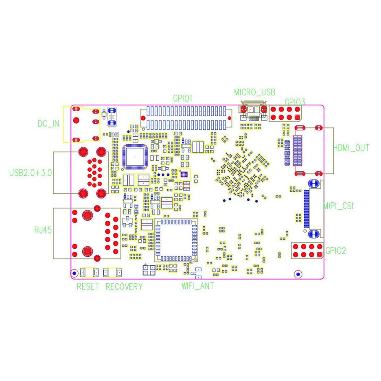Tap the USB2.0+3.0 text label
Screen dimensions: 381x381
click(31, 173)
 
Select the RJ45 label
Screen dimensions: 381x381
click(43, 231)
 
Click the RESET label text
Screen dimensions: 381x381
click(88, 287)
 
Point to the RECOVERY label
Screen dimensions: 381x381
click(124, 287)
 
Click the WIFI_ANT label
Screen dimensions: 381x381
click(197, 286)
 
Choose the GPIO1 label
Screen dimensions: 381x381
click(182, 99)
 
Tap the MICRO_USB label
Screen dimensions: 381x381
click(254, 92)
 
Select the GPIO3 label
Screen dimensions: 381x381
click(295, 102)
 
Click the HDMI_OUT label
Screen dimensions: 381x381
click(351, 148)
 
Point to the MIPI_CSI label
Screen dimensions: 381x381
click(338, 206)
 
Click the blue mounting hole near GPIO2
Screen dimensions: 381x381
click(298, 274)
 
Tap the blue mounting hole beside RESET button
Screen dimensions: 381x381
click(74, 273)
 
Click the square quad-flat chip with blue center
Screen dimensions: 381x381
click(135, 156)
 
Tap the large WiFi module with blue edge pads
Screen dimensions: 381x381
click(175, 241)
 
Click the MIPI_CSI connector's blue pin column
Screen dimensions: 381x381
click(307, 209)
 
